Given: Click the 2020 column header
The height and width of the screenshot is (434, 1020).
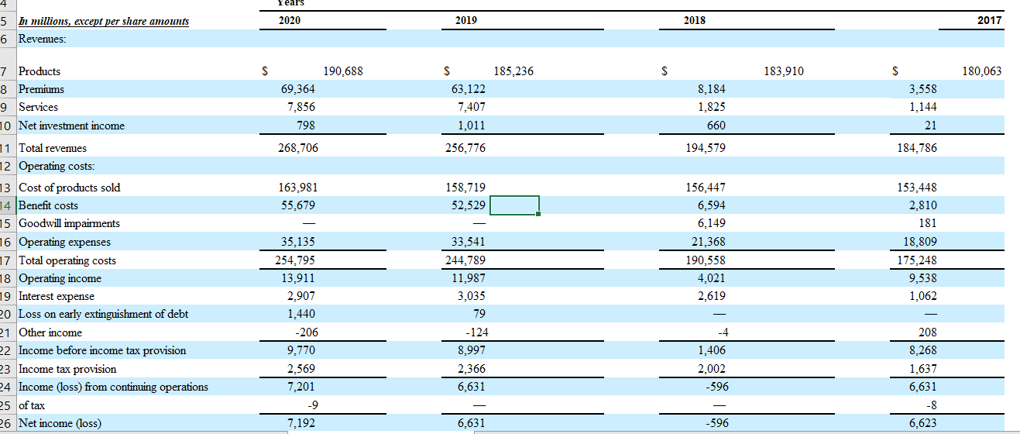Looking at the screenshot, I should pos(290,20).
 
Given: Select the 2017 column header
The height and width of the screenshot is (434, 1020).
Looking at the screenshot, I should pos(989,20).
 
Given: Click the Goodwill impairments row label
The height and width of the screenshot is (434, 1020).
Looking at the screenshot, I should pos(69,223).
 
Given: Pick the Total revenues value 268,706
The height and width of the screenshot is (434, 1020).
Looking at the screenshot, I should pos(298,147).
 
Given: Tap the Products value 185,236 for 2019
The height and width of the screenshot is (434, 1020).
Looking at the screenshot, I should pos(513,71).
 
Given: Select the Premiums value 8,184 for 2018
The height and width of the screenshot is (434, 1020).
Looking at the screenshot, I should pos(712,89).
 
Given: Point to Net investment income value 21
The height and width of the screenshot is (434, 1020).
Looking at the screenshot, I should pos(930,126).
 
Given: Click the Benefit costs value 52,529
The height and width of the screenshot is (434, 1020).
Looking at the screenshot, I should pos(468,205).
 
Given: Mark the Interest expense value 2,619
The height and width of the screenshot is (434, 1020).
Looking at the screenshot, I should pos(712,296).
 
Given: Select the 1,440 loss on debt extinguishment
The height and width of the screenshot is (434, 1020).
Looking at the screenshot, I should pos(303,314).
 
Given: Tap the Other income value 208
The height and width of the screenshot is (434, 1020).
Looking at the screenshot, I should pos(926,332).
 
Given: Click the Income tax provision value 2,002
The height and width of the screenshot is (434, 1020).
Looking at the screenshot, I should pos(712,369).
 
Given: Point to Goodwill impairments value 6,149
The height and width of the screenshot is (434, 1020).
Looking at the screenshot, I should pos(712,223).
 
